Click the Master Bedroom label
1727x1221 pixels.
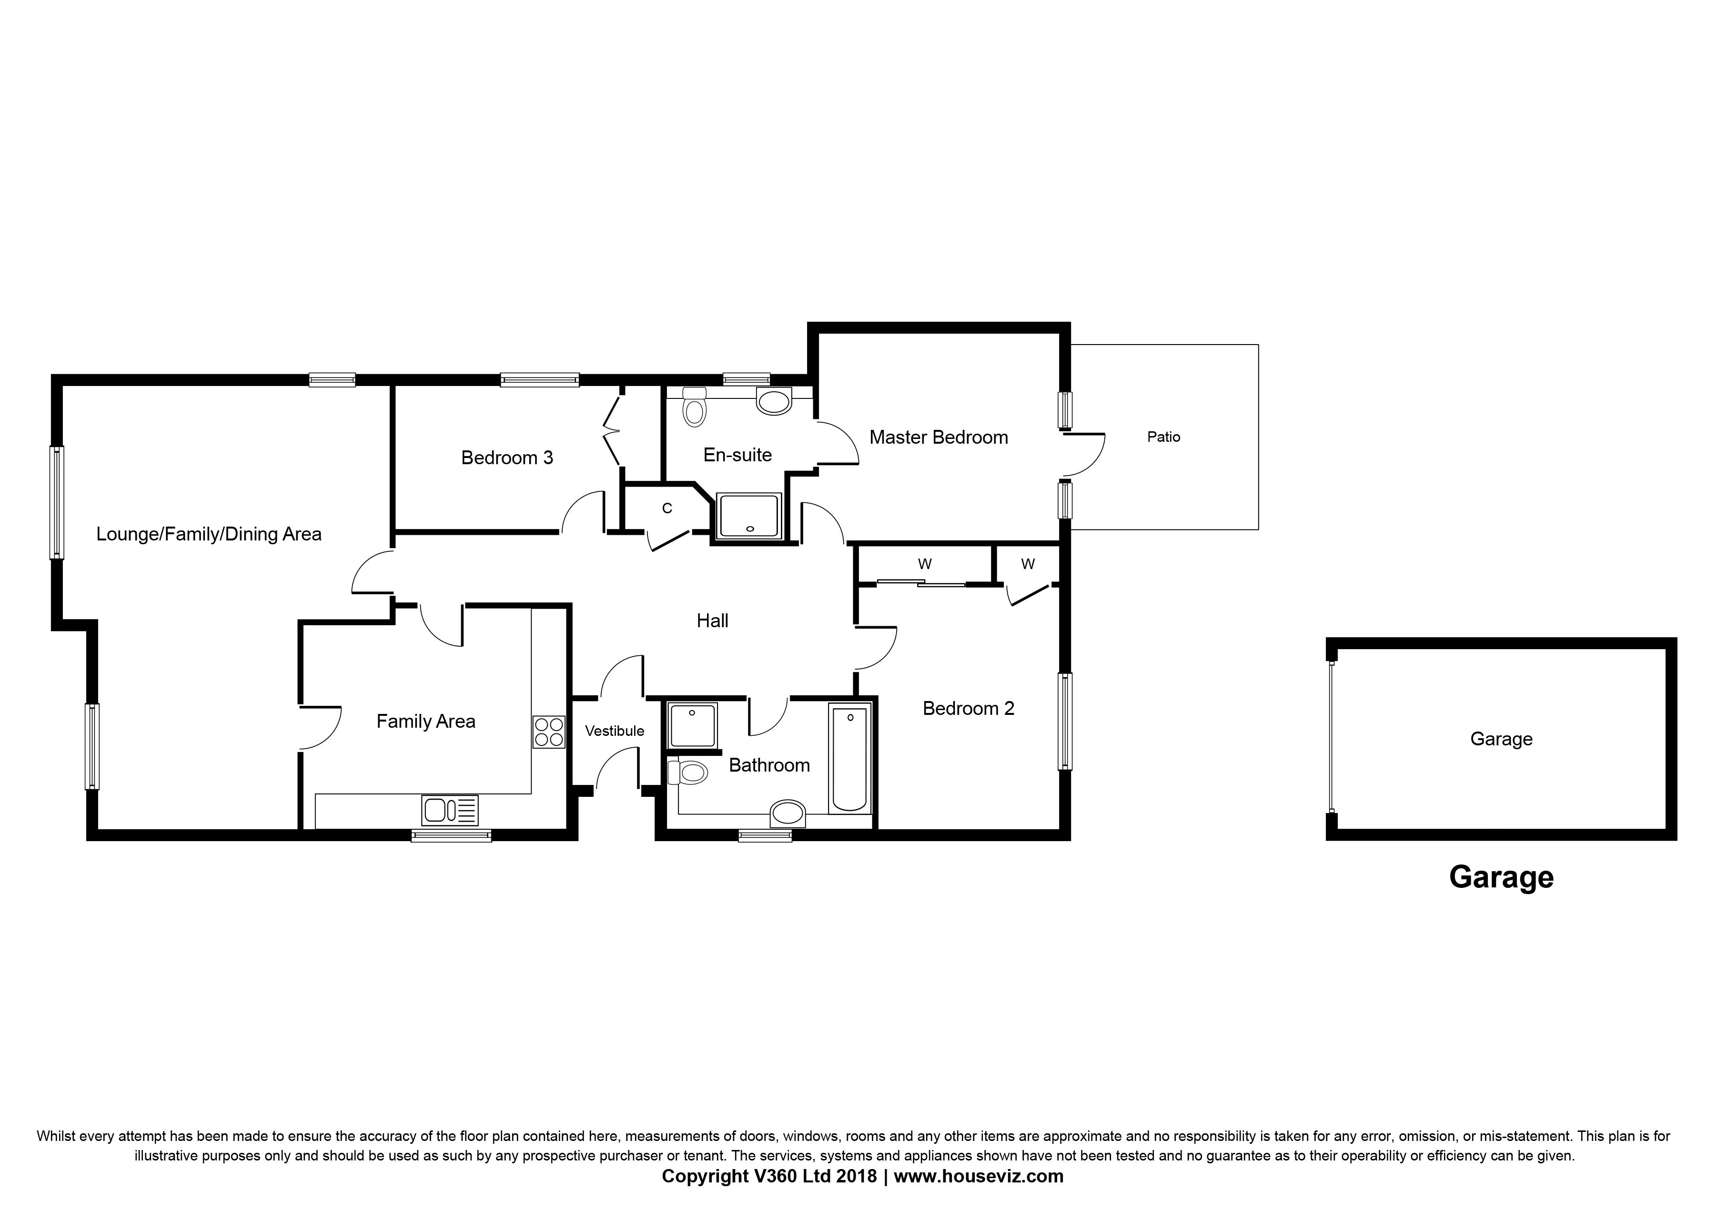click(x=938, y=437)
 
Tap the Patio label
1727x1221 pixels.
click(x=1163, y=437)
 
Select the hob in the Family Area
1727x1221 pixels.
click(x=549, y=731)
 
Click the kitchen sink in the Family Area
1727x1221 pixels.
click(x=450, y=810)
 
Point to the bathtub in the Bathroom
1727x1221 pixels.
click(x=849, y=758)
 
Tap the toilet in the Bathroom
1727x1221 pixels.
click(x=688, y=772)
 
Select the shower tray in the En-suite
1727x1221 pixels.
click(x=749, y=516)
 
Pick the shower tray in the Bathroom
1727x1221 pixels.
click(x=692, y=725)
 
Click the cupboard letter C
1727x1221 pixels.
click(x=667, y=509)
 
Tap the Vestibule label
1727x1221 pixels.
click(x=615, y=731)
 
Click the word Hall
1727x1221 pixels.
click(x=712, y=621)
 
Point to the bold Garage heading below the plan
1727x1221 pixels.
click(x=1501, y=878)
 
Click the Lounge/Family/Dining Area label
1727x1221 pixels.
click(x=209, y=534)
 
